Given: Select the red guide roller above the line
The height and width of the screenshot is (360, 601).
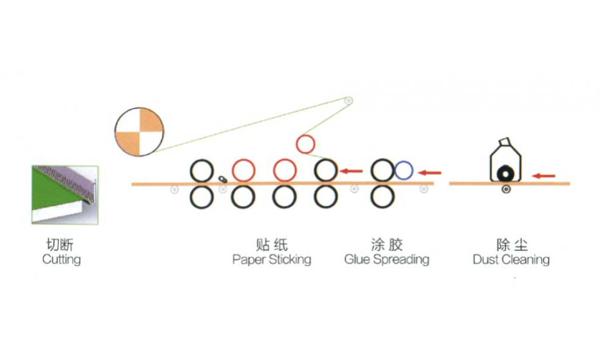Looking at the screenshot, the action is tap(297, 144).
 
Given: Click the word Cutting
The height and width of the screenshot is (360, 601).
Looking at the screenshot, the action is tap(62, 259).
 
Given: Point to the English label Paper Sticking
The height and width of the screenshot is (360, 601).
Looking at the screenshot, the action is tap(272, 259).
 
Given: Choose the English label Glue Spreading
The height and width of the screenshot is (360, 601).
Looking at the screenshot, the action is tap(386, 259).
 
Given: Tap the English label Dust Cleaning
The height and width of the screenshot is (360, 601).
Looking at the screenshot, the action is tap(511, 259).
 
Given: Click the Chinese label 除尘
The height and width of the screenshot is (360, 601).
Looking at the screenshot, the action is tap(511, 244).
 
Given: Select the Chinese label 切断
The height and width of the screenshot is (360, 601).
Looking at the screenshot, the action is tap(60, 244).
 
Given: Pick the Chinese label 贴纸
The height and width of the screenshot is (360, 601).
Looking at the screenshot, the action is tap(272, 244).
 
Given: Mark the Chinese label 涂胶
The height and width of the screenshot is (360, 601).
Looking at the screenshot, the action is tap(386, 244).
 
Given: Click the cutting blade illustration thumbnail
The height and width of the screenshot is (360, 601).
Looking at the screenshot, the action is tap(65, 195).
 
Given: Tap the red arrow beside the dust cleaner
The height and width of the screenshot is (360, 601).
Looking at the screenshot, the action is tap(544, 176).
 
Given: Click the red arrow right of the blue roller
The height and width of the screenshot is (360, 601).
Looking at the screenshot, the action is tap(429, 173).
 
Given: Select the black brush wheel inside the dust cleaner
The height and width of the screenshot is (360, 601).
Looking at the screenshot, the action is tap(505, 174).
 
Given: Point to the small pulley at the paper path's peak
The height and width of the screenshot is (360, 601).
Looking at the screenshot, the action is tap(349, 101).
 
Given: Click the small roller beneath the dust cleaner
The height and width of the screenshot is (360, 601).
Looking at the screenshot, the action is tap(507, 189).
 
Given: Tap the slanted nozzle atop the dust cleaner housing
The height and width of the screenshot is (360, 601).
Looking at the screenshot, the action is tap(505, 141).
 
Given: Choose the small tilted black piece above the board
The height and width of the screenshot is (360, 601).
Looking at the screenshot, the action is tap(222, 179).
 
